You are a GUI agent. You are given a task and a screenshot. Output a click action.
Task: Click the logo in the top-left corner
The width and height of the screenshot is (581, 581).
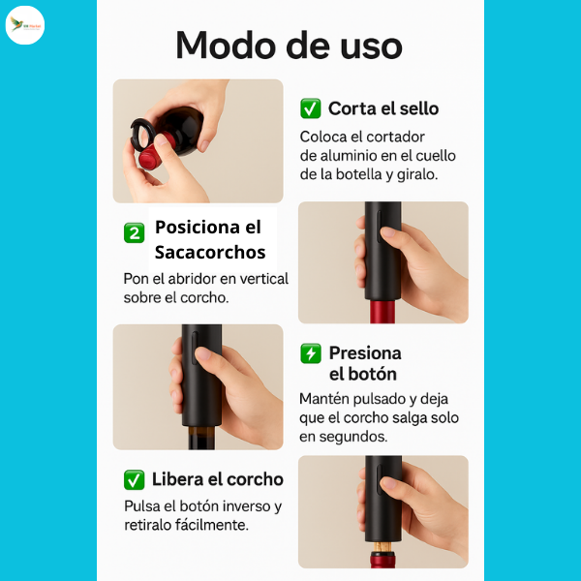(x=25, y=25)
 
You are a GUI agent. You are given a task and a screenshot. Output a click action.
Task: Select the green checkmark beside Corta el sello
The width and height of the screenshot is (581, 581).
(x=311, y=108)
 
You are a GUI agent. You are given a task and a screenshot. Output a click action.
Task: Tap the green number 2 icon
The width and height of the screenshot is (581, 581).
(x=135, y=232)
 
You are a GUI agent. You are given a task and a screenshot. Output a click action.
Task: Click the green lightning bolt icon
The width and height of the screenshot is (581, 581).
(x=311, y=353)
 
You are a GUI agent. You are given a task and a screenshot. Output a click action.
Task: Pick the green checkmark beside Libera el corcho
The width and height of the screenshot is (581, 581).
(x=135, y=479)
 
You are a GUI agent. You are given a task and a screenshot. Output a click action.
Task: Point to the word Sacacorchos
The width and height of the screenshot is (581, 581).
(x=210, y=253)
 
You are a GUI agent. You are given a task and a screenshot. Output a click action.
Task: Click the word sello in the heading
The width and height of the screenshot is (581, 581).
(x=414, y=108)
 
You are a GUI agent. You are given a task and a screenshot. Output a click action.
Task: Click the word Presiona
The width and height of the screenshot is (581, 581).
(x=364, y=352)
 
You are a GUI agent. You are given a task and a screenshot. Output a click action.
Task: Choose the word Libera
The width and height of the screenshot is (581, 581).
(x=179, y=479)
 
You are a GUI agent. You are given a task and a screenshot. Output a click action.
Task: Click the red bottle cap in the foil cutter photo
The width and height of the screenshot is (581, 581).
(x=147, y=156)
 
